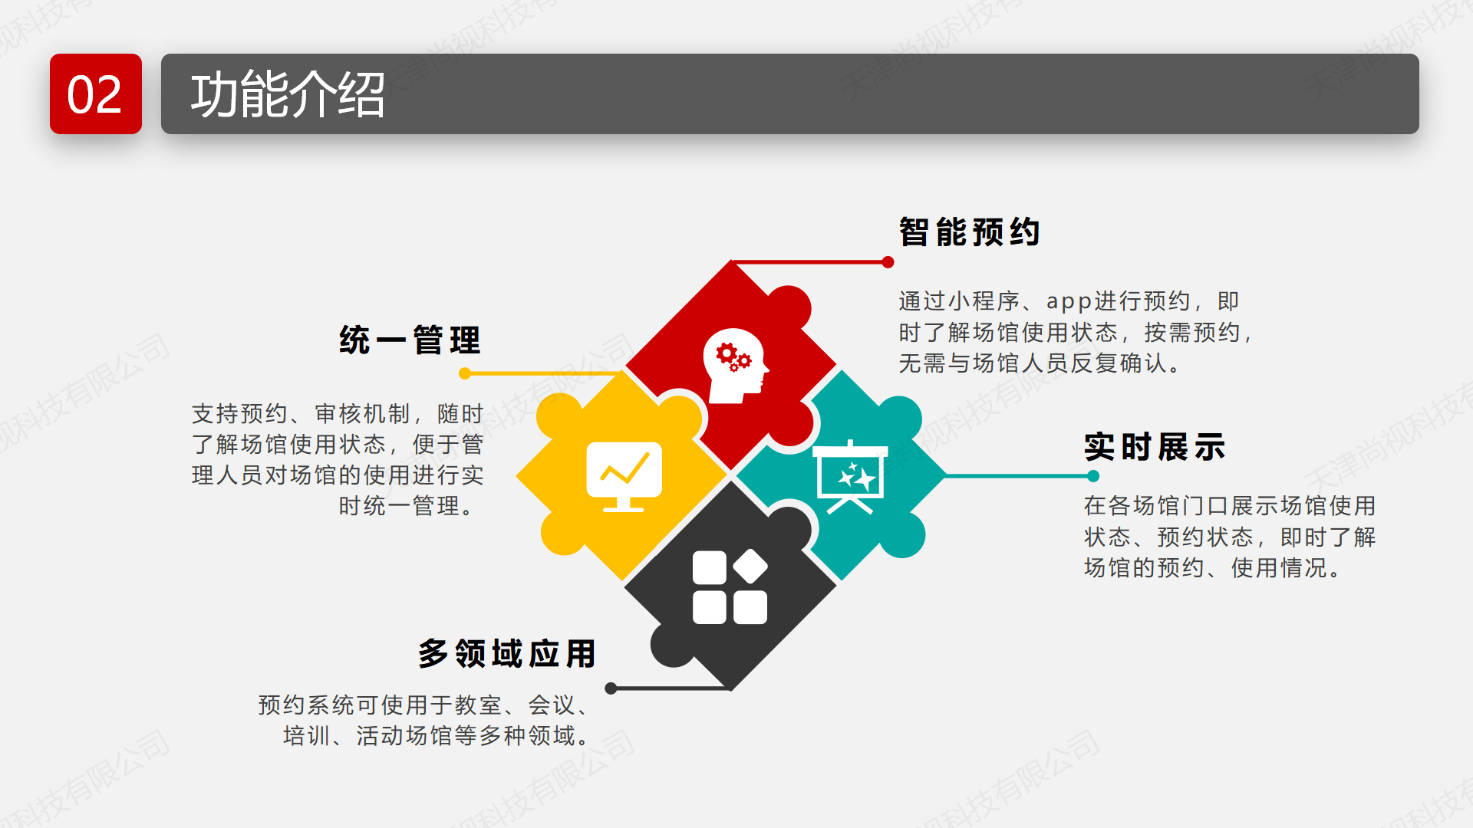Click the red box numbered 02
tap(96, 94)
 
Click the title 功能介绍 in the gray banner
tap(288, 95)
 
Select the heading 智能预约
tap(970, 232)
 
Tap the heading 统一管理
tap(410, 340)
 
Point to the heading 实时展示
tap(1155, 446)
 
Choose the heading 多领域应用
tap(507, 653)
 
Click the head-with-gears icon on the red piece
tap(735, 366)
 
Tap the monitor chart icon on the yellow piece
tap(624, 476)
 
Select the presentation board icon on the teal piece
tap(850, 477)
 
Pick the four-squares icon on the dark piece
tap(730, 586)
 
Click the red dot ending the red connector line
tap(888, 262)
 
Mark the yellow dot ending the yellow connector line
tap(465, 373)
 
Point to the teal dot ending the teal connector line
tap(1093, 476)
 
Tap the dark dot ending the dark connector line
tap(611, 688)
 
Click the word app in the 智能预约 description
tap(1069, 302)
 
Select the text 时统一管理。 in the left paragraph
tap(407, 506)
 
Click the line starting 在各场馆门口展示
tap(1230, 506)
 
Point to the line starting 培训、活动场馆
tap(436, 736)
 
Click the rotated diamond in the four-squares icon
tap(750, 567)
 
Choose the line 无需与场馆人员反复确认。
tap(1040, 363)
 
